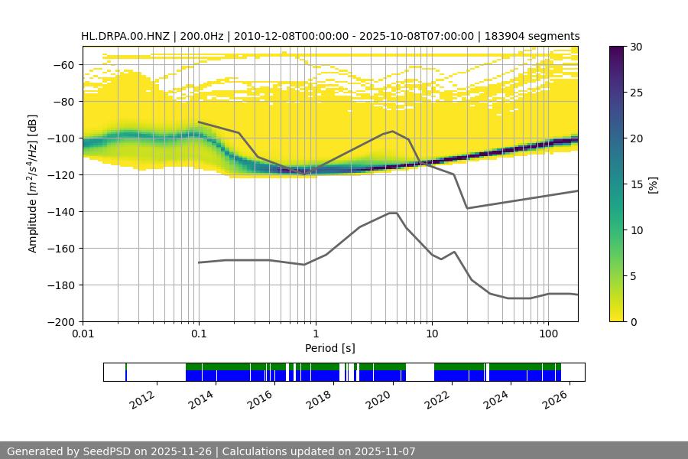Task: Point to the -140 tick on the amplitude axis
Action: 62,212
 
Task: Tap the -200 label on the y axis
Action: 62,322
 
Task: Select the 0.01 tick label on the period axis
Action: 83,334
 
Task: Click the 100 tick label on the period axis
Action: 548,334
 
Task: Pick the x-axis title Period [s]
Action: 330,348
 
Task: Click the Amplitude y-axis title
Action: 32,184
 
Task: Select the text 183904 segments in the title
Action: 538,36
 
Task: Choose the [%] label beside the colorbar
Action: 653,184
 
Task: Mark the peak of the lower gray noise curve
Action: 393,213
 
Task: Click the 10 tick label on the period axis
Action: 432,334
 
